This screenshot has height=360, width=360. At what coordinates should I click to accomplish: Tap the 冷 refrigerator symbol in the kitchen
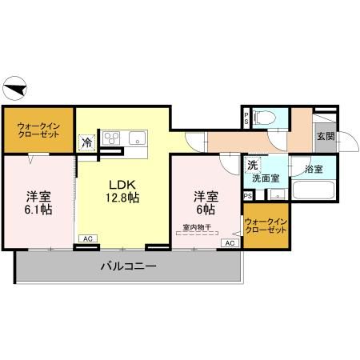click(x=86, y=143)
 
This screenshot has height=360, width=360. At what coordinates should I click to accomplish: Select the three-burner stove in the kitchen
click(x=110, y=136)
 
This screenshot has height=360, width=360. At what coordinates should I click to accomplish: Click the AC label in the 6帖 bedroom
click(x=230, y=242)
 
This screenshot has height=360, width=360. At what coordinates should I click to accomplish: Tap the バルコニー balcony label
click(x=127, y=266)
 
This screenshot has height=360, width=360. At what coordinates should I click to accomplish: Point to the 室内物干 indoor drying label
click(x=197, y=228)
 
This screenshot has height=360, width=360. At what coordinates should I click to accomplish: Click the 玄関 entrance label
click(x=325, y=137)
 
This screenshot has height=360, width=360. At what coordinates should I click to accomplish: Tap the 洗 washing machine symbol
click(x=252, y=165)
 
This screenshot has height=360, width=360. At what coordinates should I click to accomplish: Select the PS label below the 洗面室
click(x=248, y=195)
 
